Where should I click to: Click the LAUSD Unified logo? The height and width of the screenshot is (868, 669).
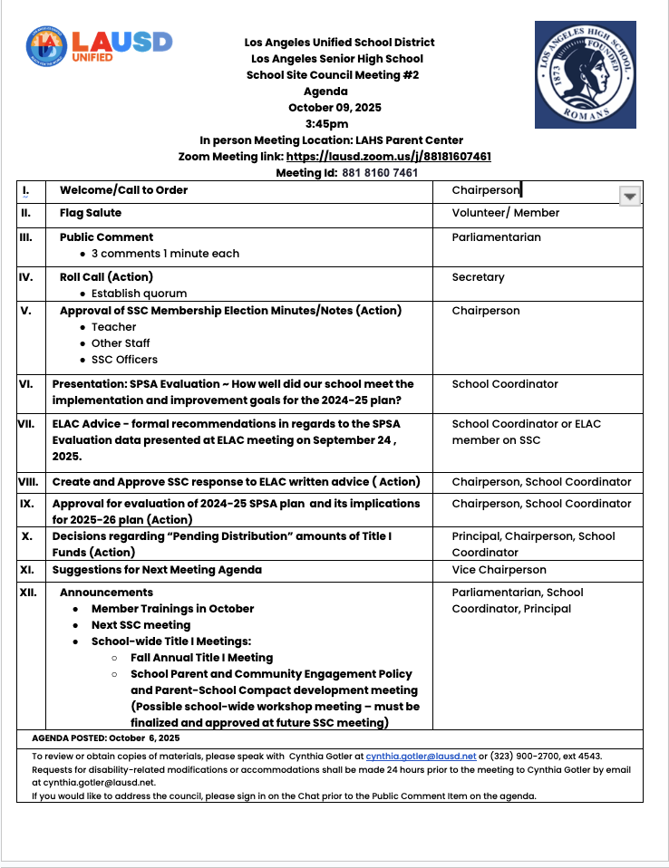click(x=99, y=44)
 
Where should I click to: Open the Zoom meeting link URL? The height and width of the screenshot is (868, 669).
click(x=388, y=157)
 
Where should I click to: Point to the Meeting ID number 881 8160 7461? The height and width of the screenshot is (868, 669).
click(x=380, y=172)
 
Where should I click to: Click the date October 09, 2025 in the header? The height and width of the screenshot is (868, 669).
click(x=334, y=108)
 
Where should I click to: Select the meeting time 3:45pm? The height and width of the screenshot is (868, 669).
click(x=326, y=124)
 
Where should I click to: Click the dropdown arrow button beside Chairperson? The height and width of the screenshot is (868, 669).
click(x=629, y=196)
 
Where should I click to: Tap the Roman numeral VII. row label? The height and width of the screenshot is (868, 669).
click(x=26, y=423)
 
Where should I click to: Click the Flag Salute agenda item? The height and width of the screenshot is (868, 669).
click(x=91, y=213)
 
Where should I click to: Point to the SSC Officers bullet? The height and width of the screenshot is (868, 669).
click(x=124, y=360)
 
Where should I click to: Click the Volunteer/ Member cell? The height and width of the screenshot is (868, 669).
click(x=505, y=213)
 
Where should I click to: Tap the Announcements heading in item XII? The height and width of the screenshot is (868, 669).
click(x=106, y=593)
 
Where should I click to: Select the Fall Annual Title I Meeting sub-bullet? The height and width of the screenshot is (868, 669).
click(x=201, y=658)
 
